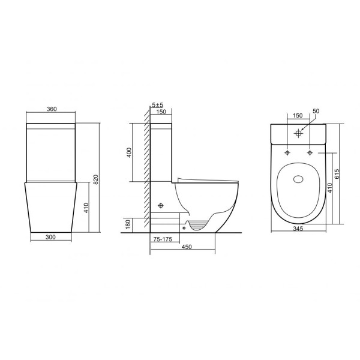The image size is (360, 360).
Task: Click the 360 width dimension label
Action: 52,109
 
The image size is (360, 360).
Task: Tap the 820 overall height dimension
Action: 96,179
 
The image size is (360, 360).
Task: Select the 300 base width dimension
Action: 50,237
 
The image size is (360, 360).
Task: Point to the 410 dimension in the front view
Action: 86,208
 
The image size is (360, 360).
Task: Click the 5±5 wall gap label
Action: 157,105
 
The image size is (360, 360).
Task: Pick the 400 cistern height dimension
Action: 129,152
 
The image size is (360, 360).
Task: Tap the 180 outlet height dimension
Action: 128,224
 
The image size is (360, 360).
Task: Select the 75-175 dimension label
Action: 163,239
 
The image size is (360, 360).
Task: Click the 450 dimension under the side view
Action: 187,247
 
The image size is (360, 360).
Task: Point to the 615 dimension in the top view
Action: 337,174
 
